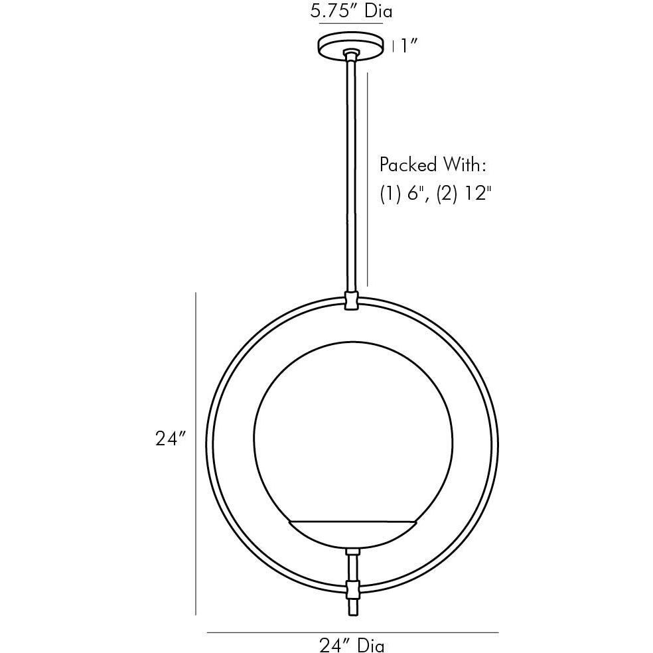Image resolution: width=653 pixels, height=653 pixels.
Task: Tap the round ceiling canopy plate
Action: click(350, 46)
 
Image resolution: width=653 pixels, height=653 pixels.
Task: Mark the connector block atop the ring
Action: click(351, 301)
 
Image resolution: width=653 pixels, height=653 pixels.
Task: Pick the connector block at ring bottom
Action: click(352, 589)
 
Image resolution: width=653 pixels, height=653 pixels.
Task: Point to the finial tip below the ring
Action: click(352, 609)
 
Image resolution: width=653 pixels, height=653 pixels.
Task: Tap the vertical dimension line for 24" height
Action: click(196, 455)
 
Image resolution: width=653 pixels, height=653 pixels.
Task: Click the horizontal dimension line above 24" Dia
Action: click(352, 632)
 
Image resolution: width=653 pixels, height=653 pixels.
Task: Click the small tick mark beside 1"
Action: click(394, 46)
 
